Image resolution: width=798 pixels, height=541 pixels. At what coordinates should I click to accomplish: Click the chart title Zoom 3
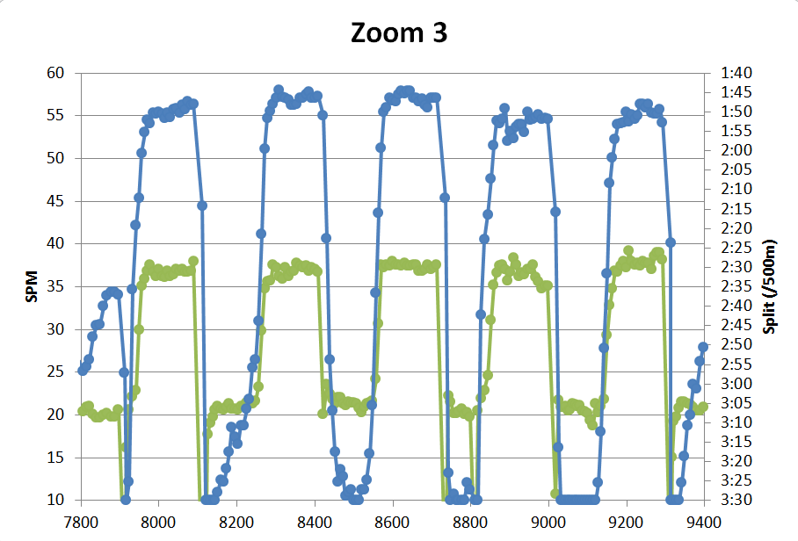pos(399,32)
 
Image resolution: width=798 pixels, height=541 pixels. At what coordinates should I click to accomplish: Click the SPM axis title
pos(32,286)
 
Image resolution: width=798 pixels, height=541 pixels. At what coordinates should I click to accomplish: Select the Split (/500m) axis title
pos(771,286)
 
